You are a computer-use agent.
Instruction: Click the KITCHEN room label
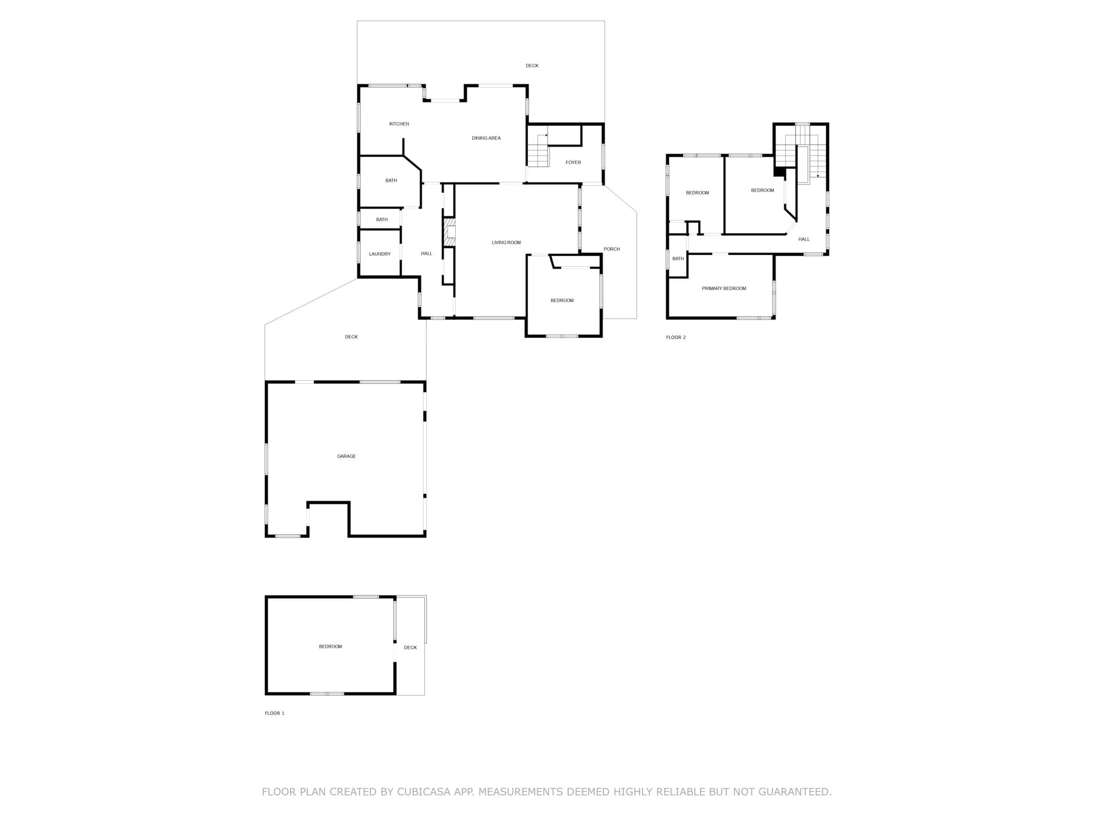click(x=399, y=124)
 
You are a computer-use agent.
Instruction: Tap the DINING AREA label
click(x=486, y=138)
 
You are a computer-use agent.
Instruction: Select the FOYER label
click(x=573, y=162)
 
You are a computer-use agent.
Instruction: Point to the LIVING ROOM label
click(x=506, y=243)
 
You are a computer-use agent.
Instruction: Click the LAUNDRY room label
click(x=380, y=254)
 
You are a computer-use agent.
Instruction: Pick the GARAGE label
click(x=346, y=456)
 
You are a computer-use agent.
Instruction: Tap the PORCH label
click(x=612, y=249)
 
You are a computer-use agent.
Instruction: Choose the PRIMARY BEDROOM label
click(x=724, y=289)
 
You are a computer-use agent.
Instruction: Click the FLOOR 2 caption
click(x=676, y=337)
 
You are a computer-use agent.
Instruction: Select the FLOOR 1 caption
click(x=275, y=713)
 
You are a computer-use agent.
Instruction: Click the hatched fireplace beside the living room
click(x=449, y=232)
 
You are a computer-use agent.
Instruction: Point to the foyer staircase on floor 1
click(x=538, y=150)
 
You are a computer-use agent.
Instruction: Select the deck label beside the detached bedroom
click(x=410, y=648)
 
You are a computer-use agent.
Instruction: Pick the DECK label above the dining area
click(x=532, y=66)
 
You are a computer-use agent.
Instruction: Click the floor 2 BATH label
click(x=678, y=259)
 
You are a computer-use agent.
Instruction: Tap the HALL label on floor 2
click(x=804, y=240)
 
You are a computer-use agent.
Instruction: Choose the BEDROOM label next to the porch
click(x=562, y=301)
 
